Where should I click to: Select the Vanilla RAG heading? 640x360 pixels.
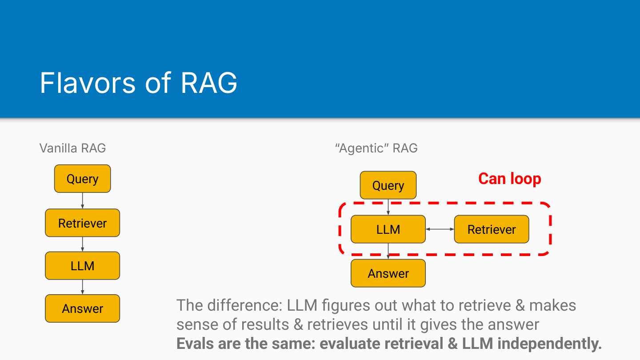coord(72,148)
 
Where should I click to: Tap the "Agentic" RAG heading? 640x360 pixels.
coord(376,148)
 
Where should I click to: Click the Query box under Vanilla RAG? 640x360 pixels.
coord(82,179)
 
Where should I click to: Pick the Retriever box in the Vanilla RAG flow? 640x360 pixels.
coord(82,223)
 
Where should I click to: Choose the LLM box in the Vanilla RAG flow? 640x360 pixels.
coord(82,266)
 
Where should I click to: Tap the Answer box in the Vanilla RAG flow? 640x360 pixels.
coord(82,308)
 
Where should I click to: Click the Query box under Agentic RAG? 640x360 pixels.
coord(388,185)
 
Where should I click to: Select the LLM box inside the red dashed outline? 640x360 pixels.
coord(388,229)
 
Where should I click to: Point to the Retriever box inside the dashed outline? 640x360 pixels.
coord(492,229)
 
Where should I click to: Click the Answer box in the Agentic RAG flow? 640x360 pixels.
coord(388,273)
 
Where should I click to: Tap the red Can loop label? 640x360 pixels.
coord(509,179)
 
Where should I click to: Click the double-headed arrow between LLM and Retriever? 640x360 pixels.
coord(440,229)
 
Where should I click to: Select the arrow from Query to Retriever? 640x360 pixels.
coord(83,200)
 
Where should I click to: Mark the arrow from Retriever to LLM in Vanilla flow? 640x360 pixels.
coord(83,244)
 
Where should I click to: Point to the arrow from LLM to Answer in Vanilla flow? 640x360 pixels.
coord(83,287)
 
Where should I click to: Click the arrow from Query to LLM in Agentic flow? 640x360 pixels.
coord(388,207)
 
